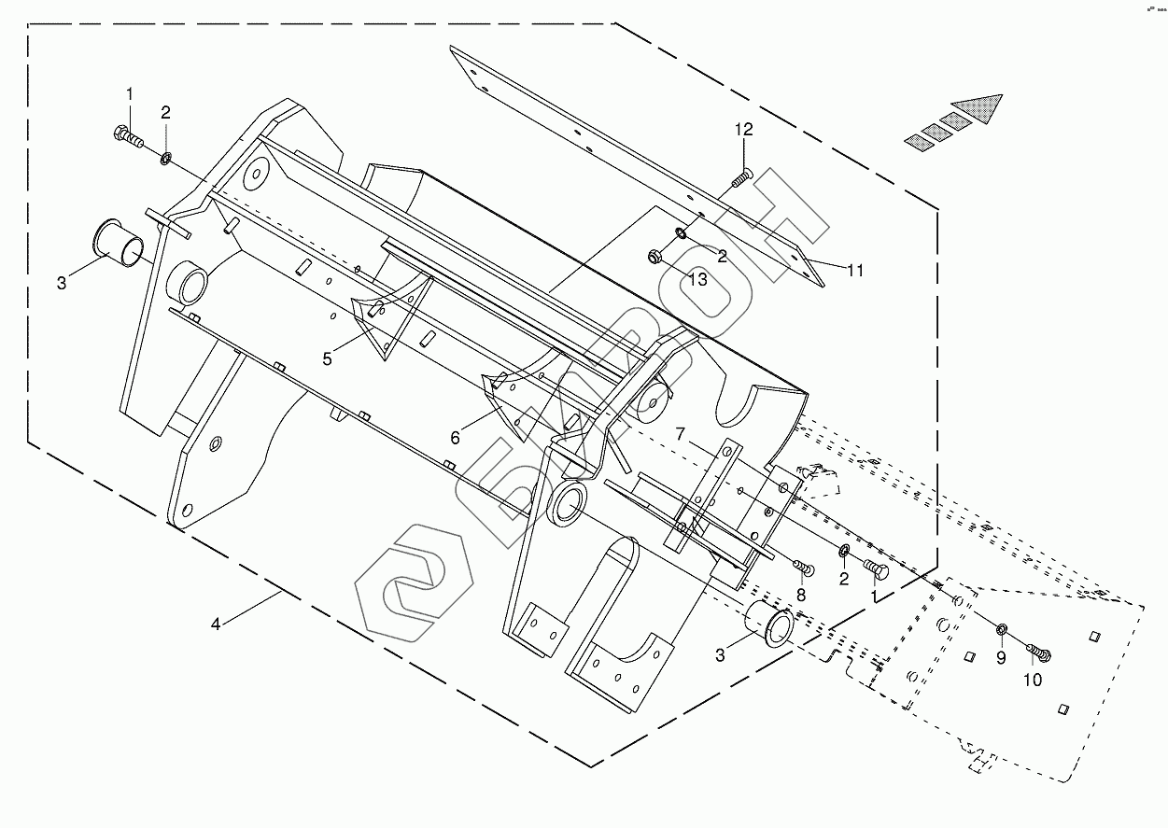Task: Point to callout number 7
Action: (681, 433)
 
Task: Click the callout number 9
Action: (1001, 657)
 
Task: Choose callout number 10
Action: (1032, 681)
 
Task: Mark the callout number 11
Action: (855, 271)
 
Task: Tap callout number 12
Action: (743, 130)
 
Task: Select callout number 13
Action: (697, 278)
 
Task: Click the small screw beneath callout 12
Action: (741, 176)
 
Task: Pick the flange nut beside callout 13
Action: (655, 256)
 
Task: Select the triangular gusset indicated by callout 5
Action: (378, 323)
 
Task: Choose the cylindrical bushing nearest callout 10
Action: (767, 624)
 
